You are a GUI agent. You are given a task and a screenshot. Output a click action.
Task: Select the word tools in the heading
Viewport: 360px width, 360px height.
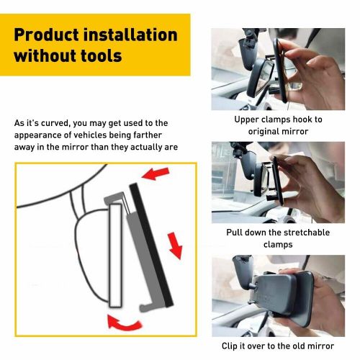pos(96,55)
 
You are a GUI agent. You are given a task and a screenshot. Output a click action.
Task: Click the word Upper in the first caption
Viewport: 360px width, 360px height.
pos(247,120)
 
